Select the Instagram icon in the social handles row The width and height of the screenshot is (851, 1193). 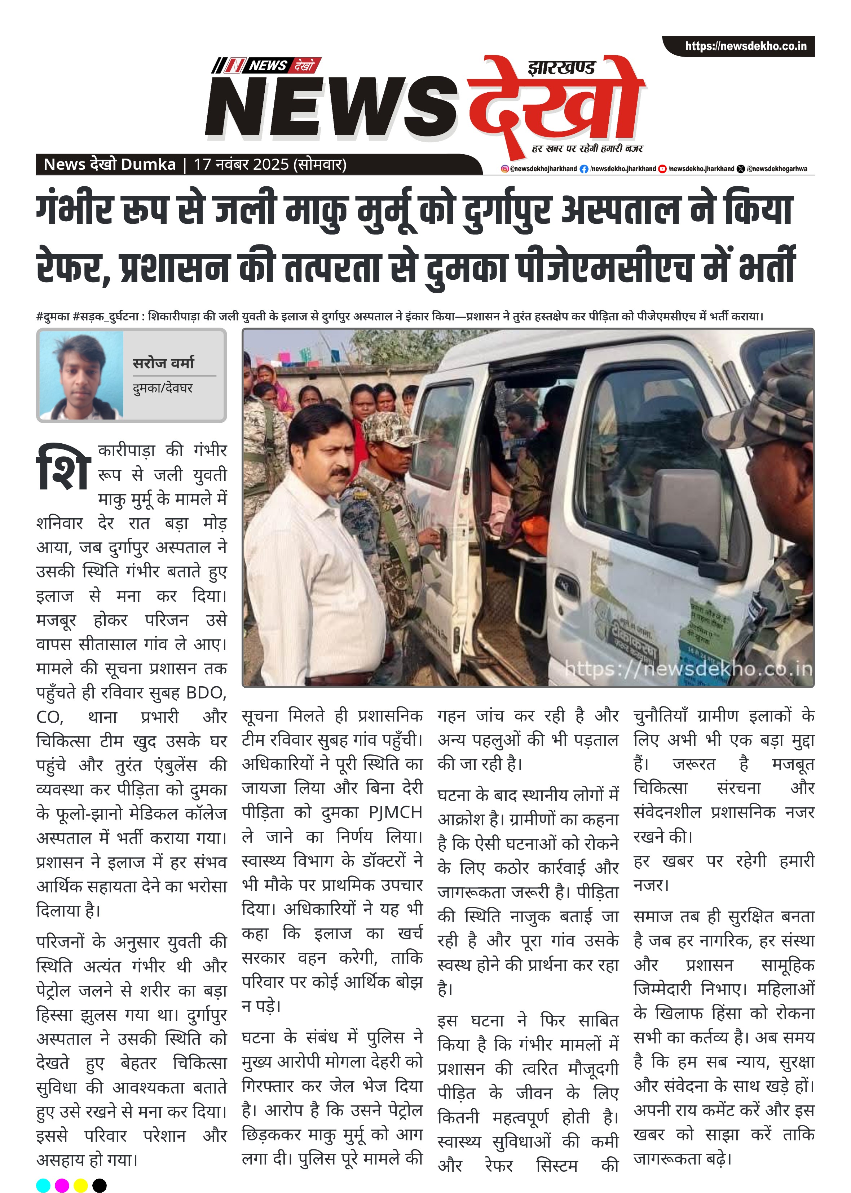point(504,169)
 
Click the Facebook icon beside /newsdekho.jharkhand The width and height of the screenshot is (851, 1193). point(584,169)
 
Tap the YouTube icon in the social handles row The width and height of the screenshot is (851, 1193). point(662,169)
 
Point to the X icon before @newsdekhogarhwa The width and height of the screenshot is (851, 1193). point(740,169)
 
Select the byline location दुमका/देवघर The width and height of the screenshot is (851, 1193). point(162,388)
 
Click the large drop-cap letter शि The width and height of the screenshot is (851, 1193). point(63,468)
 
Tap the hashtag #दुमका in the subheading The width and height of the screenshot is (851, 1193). point(53,316)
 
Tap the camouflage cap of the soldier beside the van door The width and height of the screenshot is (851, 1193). point(387,429)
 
